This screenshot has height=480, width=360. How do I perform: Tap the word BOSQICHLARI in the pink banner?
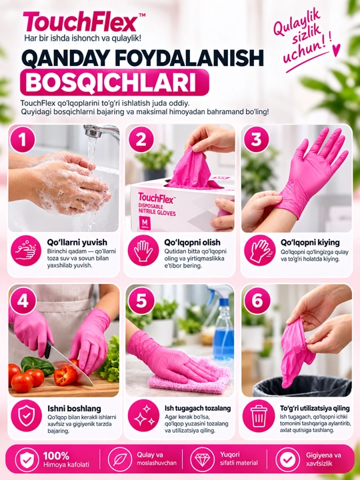pos(111,82)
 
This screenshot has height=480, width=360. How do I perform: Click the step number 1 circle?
pos(23,140)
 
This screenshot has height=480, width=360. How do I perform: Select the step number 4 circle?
pos(23,301)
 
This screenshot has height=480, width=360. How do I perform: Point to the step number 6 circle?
pos(257,301)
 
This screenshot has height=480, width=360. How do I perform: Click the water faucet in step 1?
pos(101,132)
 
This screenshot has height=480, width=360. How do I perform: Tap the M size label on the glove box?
pos(145,221)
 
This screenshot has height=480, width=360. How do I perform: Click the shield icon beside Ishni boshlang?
pos(26,415)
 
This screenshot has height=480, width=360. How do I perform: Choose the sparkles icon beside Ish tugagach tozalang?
pos(143,415)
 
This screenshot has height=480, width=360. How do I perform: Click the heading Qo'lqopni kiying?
pos(310,243)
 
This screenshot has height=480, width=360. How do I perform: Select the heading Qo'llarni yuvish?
pos(77,243)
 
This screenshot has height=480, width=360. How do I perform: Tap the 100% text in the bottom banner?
pos(56,456)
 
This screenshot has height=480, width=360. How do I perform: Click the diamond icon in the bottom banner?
pos(203,459)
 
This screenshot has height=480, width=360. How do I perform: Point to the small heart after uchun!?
pos(336,50)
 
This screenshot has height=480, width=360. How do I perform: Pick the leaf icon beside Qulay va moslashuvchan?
pos(120,459)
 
